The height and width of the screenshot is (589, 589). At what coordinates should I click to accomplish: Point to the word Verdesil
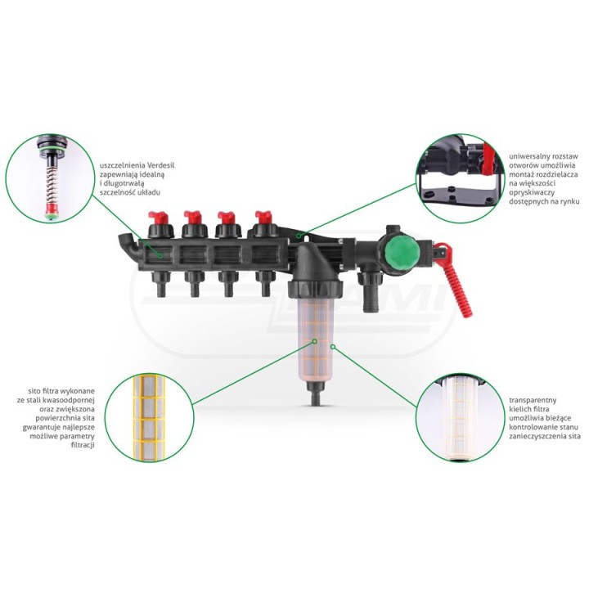coord(161,165)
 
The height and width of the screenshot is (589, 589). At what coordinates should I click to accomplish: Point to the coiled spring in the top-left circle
coord(51,185)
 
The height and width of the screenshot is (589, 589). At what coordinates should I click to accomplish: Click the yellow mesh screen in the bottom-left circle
coord(150,418)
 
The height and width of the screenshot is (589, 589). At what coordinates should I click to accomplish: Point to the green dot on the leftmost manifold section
coord(160,256)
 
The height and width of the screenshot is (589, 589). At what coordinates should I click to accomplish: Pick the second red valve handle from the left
coord(194,218)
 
